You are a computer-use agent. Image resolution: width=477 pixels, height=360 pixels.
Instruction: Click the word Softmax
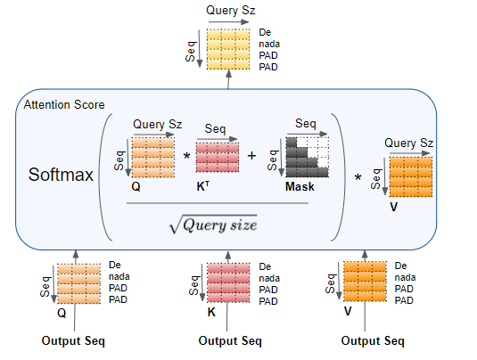point(61,175)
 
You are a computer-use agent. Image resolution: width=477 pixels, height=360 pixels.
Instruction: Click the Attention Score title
point(64,104)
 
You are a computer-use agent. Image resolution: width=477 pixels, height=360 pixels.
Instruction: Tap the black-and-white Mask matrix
point(308,157)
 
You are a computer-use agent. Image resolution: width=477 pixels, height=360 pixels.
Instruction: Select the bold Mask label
point(300,186)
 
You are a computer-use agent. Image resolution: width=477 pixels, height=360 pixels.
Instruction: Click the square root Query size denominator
point(213,225)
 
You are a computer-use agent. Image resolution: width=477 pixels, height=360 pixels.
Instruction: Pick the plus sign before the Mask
point(251,156)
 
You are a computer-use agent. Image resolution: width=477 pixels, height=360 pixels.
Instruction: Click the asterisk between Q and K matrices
point(186,157)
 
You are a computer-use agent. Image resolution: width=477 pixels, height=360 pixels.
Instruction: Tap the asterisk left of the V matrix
point(358,177)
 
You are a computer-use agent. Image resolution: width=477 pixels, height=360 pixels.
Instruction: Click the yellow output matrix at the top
point(228,49)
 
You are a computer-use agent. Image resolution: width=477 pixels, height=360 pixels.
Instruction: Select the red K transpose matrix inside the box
point(218,157)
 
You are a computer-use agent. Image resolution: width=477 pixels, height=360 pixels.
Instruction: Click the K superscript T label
point(203,186)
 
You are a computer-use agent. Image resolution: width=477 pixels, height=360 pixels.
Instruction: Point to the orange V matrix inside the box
point(411,176)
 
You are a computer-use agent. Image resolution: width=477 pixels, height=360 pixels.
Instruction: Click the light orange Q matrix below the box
point(78,283)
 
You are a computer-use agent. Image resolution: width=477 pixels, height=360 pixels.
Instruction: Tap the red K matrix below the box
point(228,282)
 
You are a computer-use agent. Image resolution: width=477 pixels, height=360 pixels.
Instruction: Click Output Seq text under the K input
point(230,341)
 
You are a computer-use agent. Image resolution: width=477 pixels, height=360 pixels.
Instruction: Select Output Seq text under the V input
point(373,341)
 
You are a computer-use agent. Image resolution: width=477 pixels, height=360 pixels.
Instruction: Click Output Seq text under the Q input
point(73,341)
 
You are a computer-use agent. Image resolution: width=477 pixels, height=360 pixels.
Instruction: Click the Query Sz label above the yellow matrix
point(231,11)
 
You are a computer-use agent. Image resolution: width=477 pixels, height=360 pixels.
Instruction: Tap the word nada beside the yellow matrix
point(269,44)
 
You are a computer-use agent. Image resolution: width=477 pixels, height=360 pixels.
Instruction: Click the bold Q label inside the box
point(136,186)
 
